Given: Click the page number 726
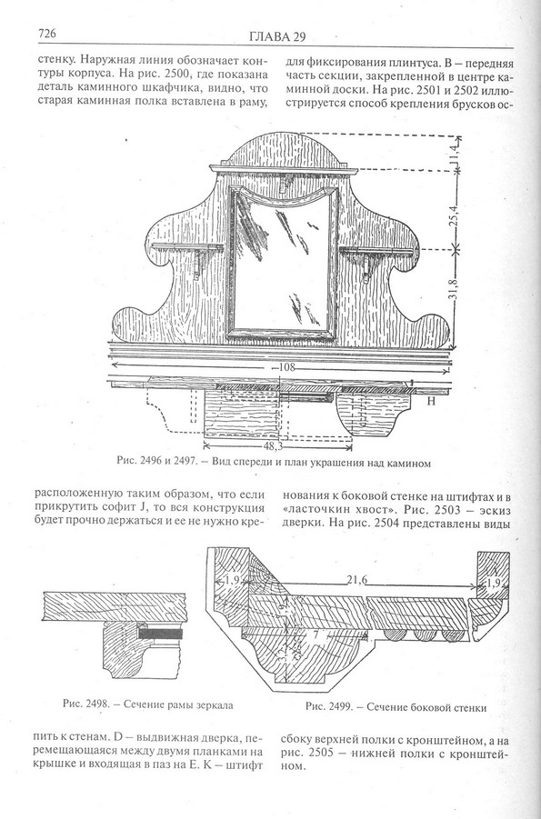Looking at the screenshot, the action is coord(46,34).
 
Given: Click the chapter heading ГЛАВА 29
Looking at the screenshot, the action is coord(276,36).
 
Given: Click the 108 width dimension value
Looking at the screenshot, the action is coord(286,366).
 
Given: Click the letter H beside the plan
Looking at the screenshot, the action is coord(431,401).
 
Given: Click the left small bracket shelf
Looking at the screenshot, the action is coord(187,247).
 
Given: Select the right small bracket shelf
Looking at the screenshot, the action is coord(380,251).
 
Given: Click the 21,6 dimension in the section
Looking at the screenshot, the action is coord(357,579).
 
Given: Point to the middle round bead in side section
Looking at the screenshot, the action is coord(421,634).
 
